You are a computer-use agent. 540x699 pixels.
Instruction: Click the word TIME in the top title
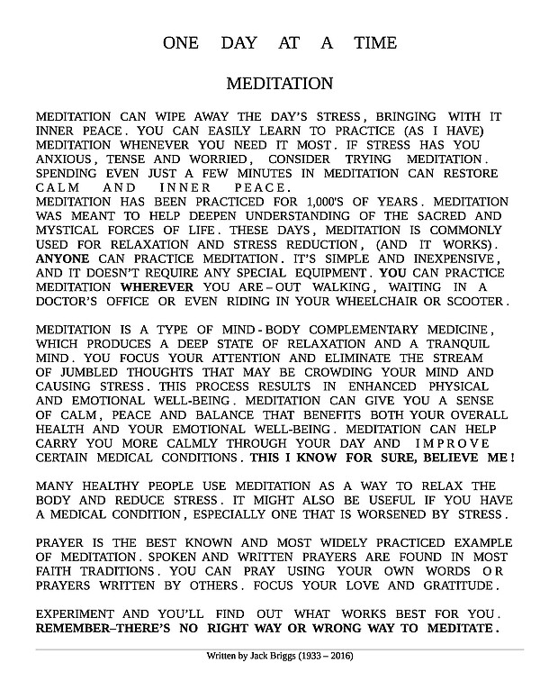pos(373,43)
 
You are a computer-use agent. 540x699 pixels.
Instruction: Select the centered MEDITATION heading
pos(279,84)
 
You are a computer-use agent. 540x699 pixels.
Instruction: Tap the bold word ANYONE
pos(62,257)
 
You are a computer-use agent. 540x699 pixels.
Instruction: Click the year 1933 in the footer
pos(306,656)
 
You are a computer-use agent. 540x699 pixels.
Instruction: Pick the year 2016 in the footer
pos(337,656)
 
